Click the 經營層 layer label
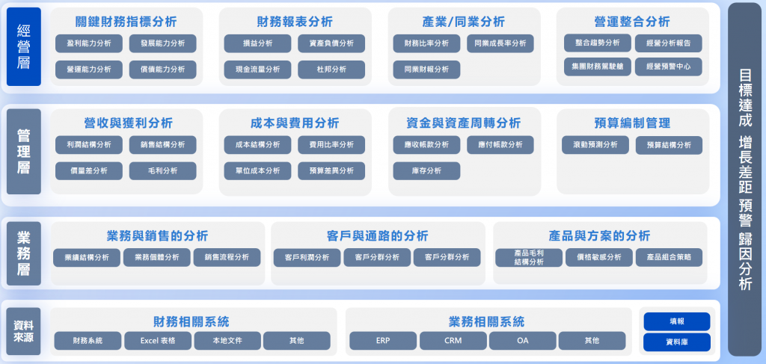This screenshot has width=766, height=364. coord(23,46)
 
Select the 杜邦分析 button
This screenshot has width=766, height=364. coord(331,70)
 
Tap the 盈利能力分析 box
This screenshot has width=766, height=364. coord(88,43)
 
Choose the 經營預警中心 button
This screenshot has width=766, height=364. coord(668,67)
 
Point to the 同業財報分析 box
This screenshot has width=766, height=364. coord(426,70)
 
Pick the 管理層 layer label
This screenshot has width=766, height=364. coord(23,151)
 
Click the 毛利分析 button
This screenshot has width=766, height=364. coord(162,171)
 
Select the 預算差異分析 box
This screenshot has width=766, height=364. coord(331,171)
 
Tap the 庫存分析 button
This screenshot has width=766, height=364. coord(426,171)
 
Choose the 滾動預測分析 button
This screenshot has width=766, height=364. coord(595,145)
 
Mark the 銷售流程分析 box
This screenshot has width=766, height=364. coord(227,258)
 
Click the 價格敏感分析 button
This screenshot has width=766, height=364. coord(598,258)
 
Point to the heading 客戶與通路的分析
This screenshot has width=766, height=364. coord(378,235)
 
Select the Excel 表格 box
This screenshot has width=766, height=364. coord(157,341)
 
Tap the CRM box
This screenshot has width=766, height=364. coord(453,341)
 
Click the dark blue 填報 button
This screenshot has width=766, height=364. coord(676,321)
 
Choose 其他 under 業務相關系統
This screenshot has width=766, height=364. coord(591,341)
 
